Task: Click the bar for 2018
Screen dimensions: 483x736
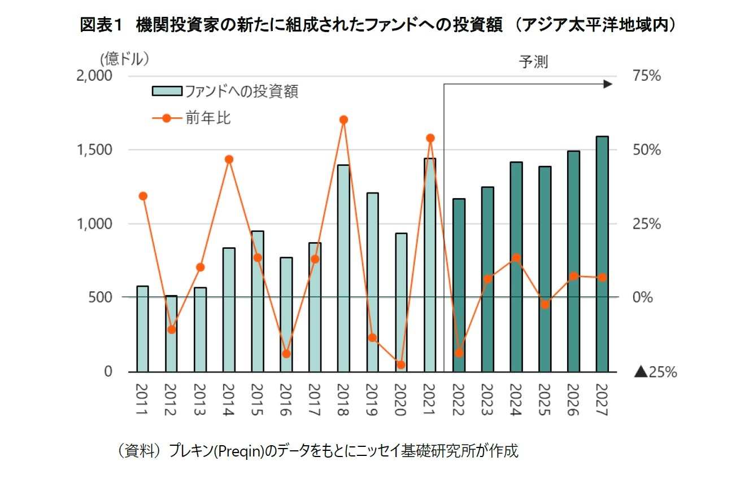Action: (x=343, y=268)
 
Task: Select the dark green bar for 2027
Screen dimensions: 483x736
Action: (x=602, y=254)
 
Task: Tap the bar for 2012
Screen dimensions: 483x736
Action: (x=171, y=333)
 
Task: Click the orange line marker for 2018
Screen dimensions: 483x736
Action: (x=343, y=120)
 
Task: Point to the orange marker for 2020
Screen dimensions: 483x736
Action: (x=401, y=365)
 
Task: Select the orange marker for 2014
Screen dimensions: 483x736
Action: (x=229, y=159)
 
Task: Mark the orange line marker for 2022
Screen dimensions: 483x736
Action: (x=459, y=353)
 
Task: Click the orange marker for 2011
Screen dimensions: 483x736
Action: (x=143, y=196)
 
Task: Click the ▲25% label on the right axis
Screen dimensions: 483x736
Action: (x=655, y=372)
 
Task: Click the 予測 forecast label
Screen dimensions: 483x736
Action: (x=533, y=62)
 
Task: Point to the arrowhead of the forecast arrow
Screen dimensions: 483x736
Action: (x=608, y=84)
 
